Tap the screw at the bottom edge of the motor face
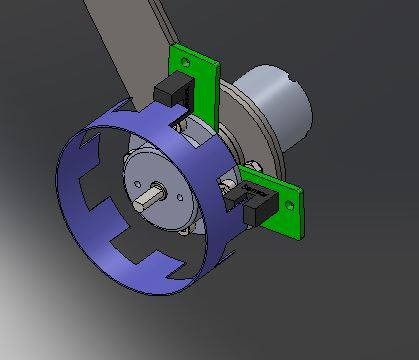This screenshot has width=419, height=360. tap(185, 232)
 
